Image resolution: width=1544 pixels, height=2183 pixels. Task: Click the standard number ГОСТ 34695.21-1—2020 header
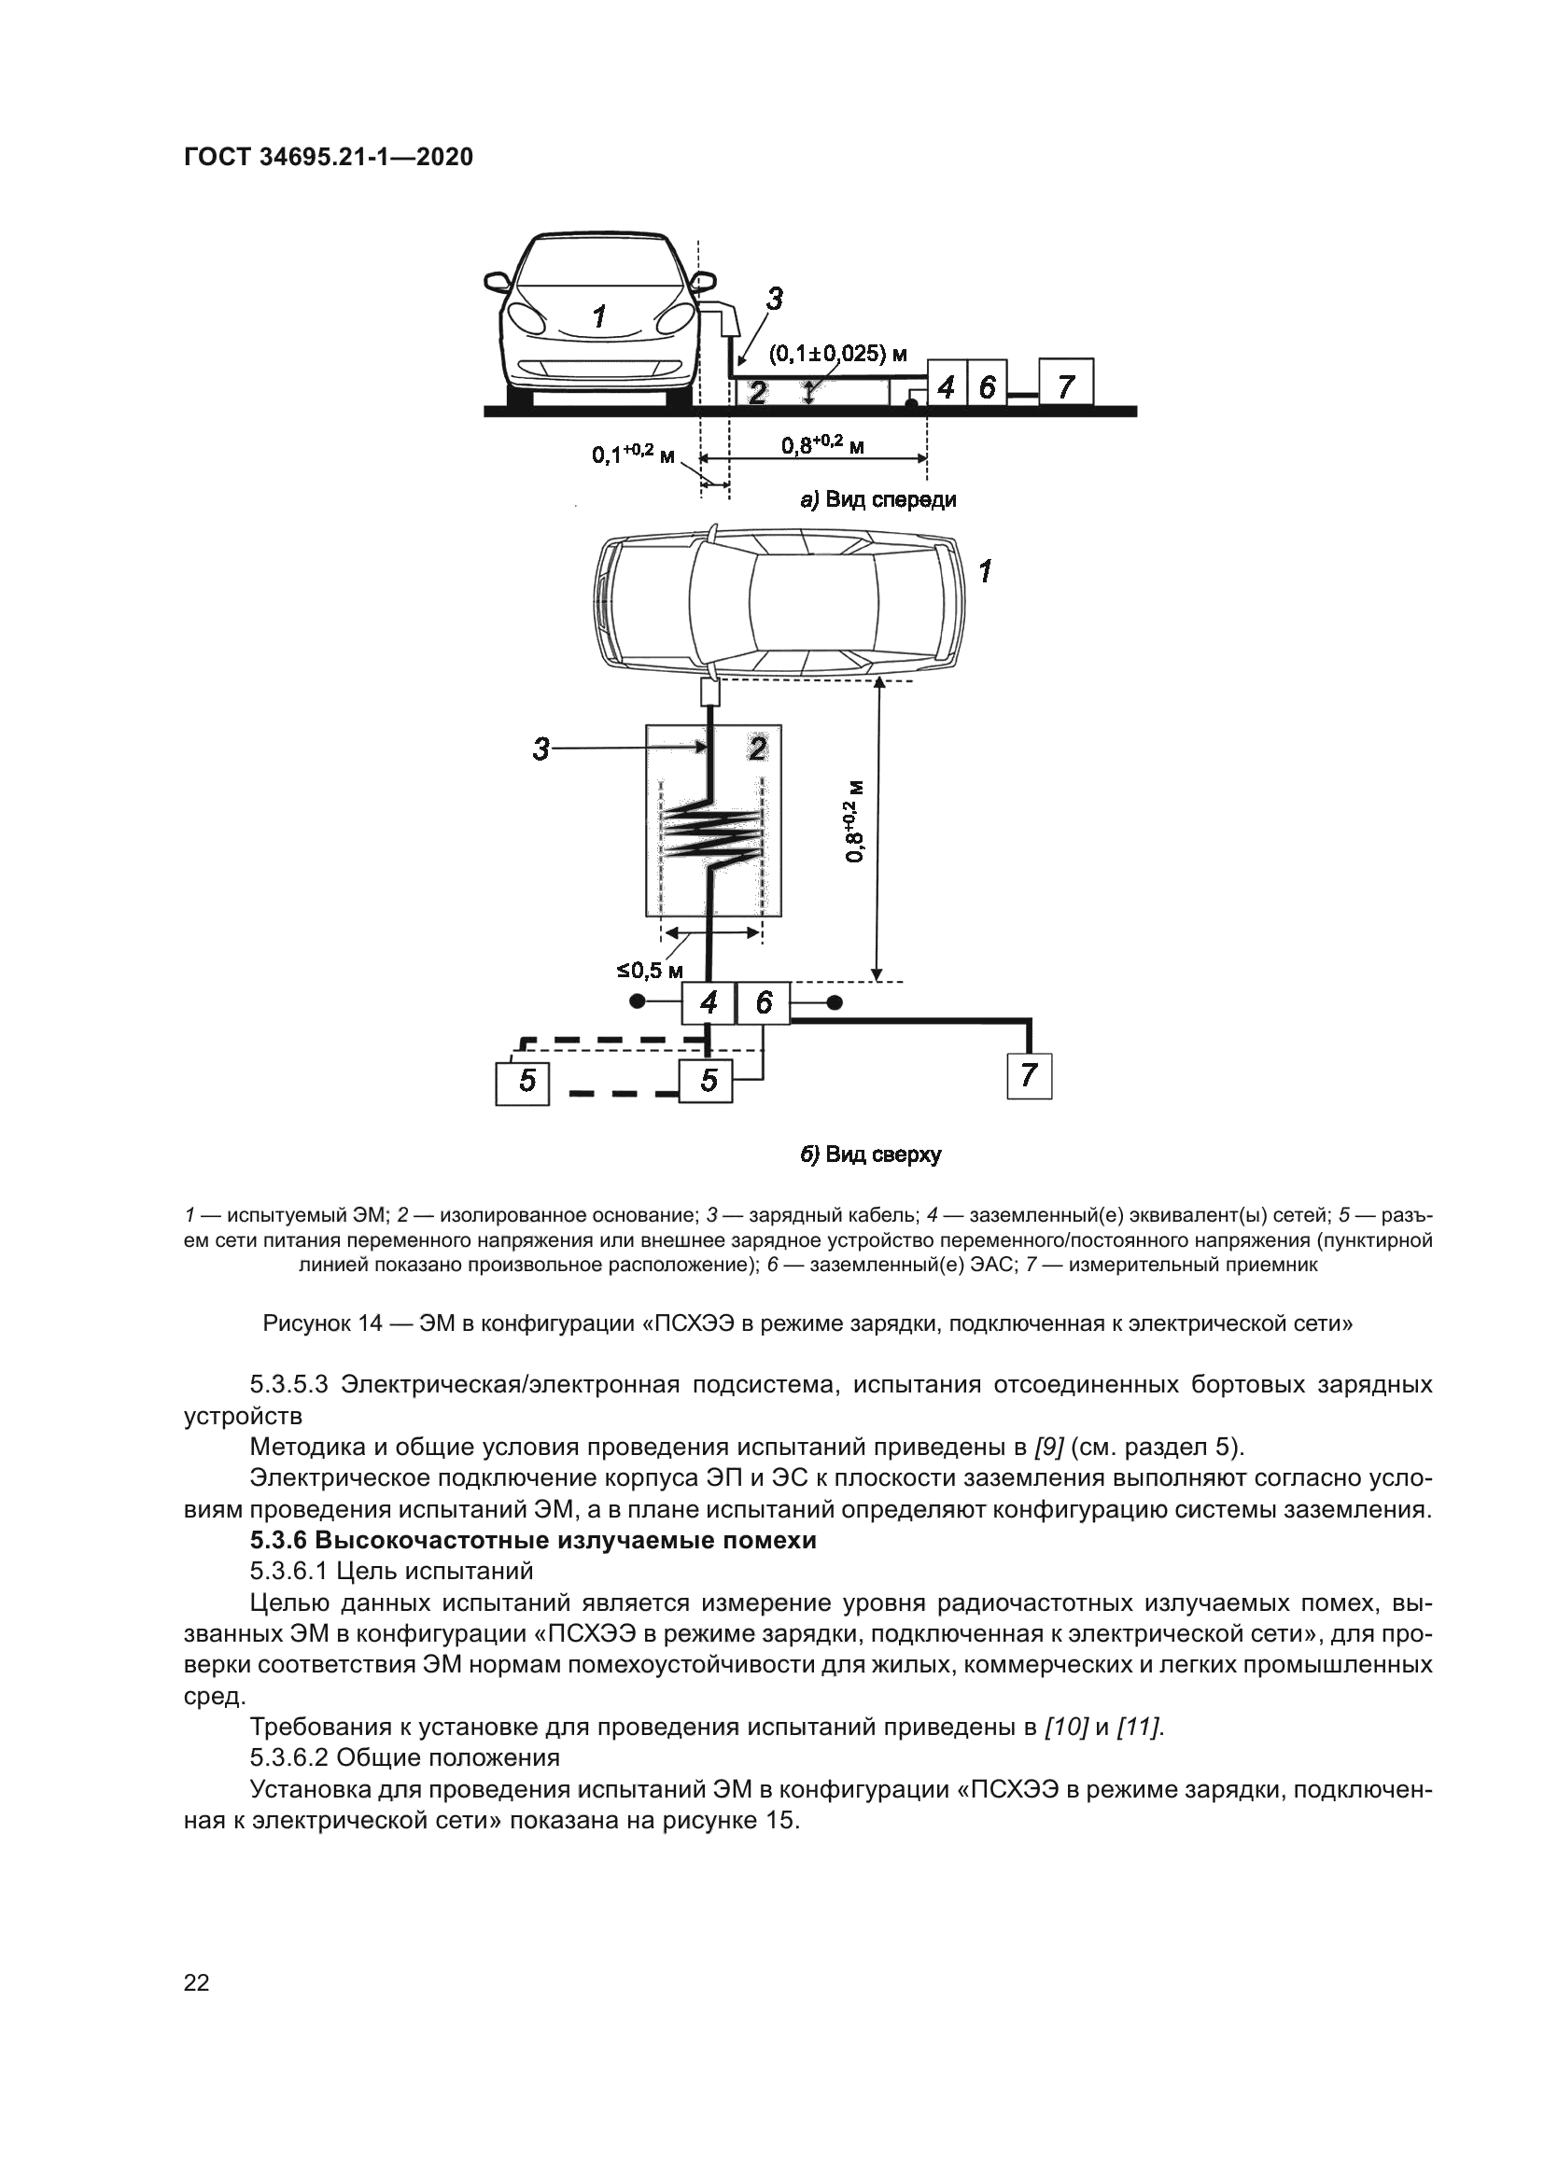pyautogui.click(x=328, y=157)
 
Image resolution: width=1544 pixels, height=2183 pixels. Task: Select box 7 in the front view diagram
pyautogui.click(x=1066, y=385)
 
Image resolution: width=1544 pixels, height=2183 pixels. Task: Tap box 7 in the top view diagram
pyautogui.click(x=1029, y=1075)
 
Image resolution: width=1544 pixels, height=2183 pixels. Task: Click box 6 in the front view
pyautogui.click(x=987, y=386)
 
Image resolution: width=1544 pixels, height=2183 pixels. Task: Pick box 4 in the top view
pyautogui.click(x=709, y=1002)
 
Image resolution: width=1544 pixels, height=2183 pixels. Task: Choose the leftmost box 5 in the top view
pyautogui.click(x=523, y=1080)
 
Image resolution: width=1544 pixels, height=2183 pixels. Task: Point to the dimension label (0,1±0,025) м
pyautogui.click(x=837, y=355)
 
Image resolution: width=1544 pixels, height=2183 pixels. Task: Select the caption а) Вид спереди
pyautogui.click(x=877, y=500)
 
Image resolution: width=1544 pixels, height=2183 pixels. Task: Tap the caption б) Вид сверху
pyautogui.click(x=870, y=1155)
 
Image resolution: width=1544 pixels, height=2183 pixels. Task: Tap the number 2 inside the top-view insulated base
pyautogui.click(x=757, y=749)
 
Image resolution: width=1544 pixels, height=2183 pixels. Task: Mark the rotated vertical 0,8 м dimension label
pyautogui.click(x=855, y=820)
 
